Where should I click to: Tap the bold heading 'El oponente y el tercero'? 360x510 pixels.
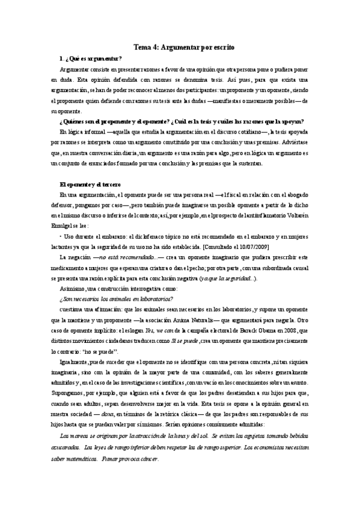90,183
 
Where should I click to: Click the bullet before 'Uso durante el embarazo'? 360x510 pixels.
61,236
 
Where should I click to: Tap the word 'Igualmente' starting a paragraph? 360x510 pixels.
75,361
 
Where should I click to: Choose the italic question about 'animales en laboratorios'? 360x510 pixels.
117,298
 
